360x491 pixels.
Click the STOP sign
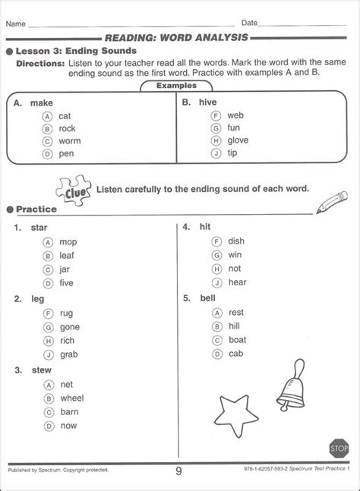340,448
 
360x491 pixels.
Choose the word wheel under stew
71,398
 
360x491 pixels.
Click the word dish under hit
235,241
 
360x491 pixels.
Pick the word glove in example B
238,140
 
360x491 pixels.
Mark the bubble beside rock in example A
48,127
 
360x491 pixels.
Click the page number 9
178,471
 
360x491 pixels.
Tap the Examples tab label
175,86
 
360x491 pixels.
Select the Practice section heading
36,208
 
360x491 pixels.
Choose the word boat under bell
237,339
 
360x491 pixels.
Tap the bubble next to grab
48,354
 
